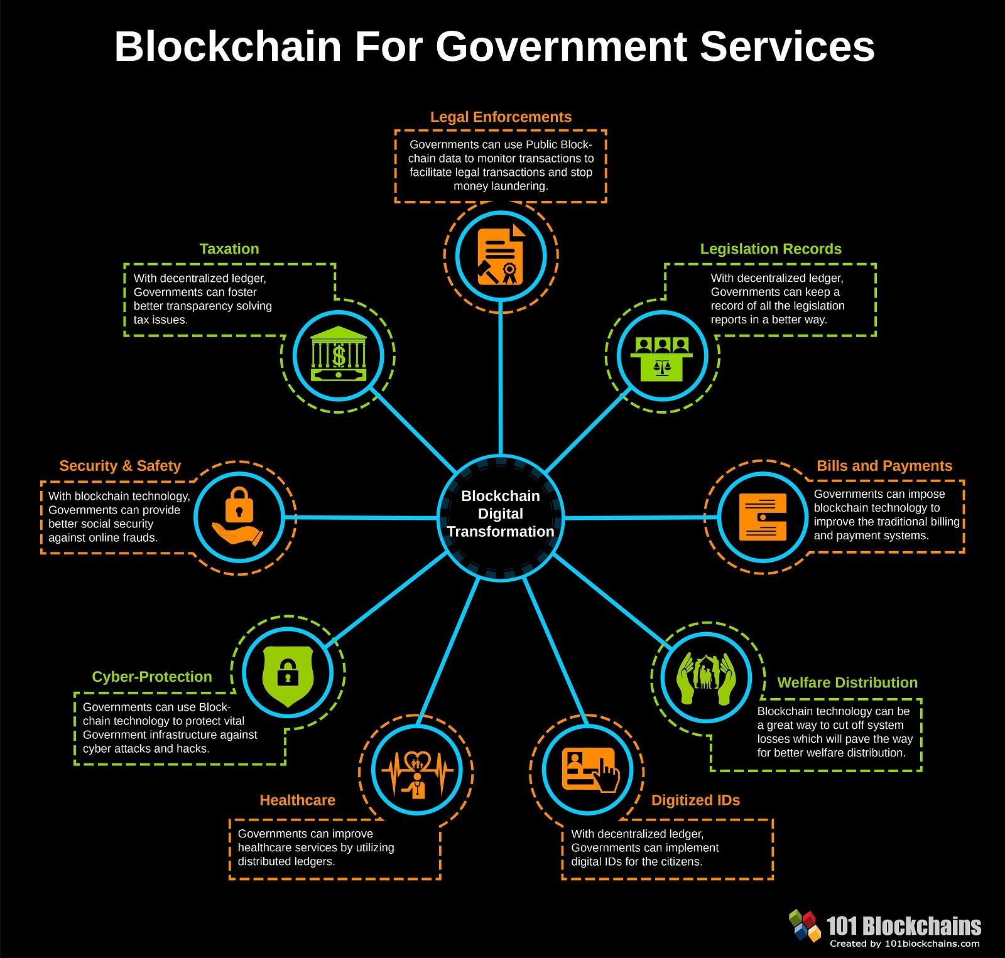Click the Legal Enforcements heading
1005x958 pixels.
(x=501, y=117)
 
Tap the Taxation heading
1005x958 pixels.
(x=229, y=249)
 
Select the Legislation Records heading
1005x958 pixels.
(x=771, y=249)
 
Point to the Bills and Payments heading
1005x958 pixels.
(x=884, y=466)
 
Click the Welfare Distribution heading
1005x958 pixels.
(x=847, y=682)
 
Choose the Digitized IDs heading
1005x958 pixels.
(x=695, y=800)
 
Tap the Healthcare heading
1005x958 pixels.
(x=297, y=800)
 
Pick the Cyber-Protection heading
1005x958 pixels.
(x=152, y=677)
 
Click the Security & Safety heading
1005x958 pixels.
(x=120, y=466)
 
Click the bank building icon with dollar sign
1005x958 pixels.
(x=339, y=355)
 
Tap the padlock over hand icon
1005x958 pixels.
(x=239, y=516)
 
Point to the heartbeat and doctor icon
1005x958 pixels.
(x=417, y=771)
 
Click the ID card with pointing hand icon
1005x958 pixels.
(x=589, y=770)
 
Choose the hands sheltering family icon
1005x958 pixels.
(x=707, y=678)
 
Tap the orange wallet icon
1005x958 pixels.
(x=763, y=517)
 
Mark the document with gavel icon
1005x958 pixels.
(x=501, y=256)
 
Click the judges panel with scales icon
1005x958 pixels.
(x=663, y=357)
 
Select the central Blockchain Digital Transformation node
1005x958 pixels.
(x=501, y=514)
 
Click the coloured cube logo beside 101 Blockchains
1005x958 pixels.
(x=805, y=925)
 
